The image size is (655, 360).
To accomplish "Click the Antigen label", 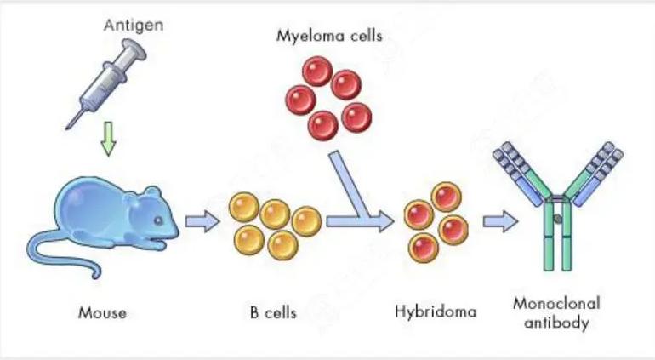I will pyautogui.click(x=134, y=25).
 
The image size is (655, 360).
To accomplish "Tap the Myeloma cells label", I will pyautogui.click(x=329, y=37).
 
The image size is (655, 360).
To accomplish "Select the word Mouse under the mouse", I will pyautogui.click(x=102, y=312).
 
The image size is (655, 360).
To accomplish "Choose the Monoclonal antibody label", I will pyautogui.click(x=557, y=312).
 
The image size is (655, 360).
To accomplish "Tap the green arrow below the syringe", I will pyautogui.click(x=107, y=139).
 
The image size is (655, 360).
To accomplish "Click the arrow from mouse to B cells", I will pyautogui.click(x=202, y=223).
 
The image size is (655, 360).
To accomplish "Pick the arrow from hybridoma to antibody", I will pyautogui.click(x=500, y=223).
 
